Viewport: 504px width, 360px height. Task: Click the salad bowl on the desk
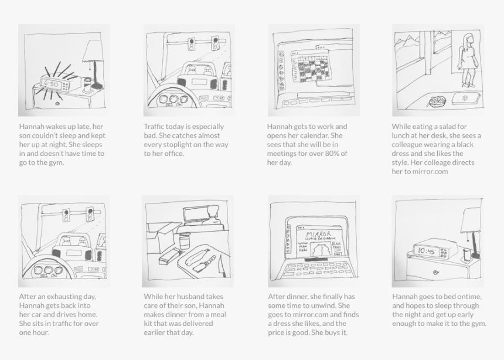pos(437,101)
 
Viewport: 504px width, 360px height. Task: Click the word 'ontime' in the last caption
pos(469,297)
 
